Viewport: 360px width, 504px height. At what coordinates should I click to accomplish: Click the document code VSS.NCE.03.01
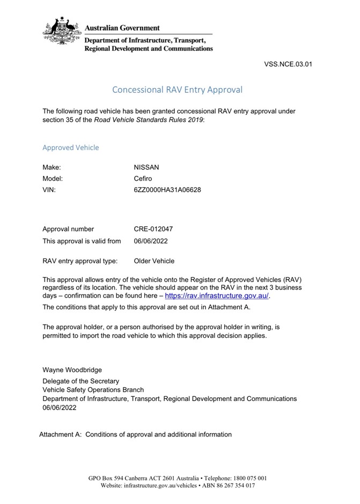pyautogui.click(x=288, y=64)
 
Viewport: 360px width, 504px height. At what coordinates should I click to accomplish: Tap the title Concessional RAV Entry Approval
pyautogui.click(x=178, y=90)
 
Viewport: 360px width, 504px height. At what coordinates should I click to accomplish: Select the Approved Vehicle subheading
pyautogui.click(x=70, y=147)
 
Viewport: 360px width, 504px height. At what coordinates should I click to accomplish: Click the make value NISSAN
pyautogui.click(x=146, y=167)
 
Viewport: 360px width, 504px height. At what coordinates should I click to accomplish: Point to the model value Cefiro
pyautogui.click(x=144, y=179)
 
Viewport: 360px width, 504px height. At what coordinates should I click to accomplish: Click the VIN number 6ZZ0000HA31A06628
pyautogui.click(x=167, y=190)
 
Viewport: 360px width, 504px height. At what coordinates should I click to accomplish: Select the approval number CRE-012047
pyautogui.click(x=153, y=229)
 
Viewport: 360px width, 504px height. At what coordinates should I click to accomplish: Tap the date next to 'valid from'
pyautogui.click(x=151, y=241)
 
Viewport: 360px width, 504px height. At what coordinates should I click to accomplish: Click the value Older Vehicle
pyautogui.click(x=154, y=261)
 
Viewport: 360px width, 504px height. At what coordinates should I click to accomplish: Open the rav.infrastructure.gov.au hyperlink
pyautogui.click(x=216, y=295)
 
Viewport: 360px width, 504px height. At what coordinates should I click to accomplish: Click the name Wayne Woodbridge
pyautogui.click(x=72, y=370)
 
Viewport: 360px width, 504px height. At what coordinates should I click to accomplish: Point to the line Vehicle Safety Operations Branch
pyautogui.click(x=93, y=390)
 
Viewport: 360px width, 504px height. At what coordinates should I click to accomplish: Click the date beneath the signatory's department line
pyautogui.click(x=60, y=407)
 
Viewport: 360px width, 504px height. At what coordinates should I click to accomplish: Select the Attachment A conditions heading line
pyautogui.click(x=135, y=434)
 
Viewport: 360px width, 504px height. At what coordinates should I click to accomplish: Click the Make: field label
pyautogui.click(x=52, y=167)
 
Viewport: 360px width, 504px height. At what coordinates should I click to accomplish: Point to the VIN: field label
pyautogui.click(x=49, y=190)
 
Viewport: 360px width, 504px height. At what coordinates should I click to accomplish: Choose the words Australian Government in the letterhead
pyautogui.click(x=122, y=28)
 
